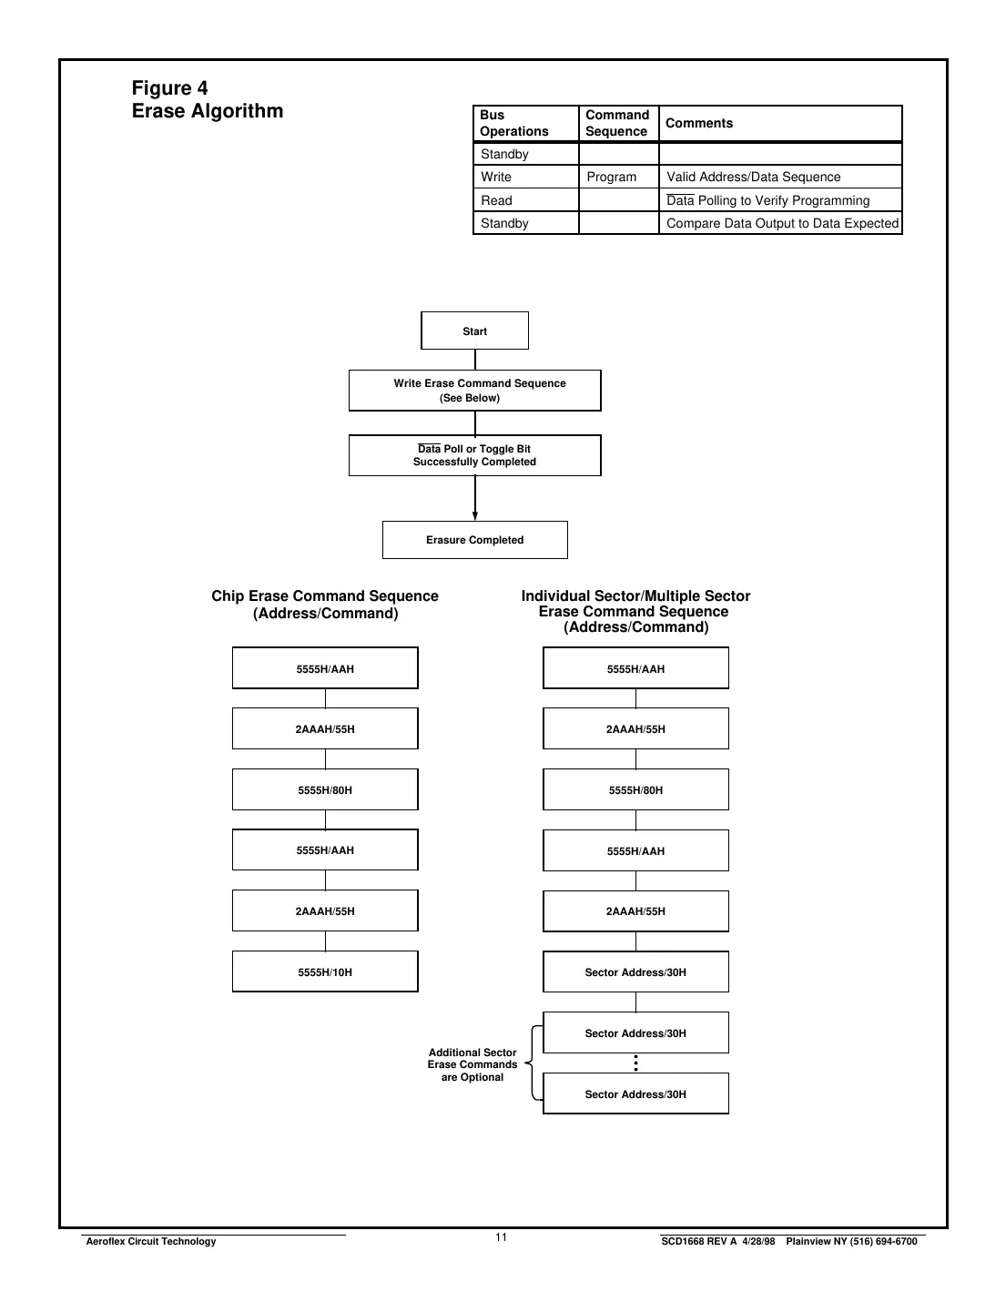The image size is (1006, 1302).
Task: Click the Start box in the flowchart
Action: [x=474, y=331]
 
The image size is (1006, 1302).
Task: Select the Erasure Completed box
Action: [x=474, y=540]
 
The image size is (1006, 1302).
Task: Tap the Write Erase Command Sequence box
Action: [x=474, y=391]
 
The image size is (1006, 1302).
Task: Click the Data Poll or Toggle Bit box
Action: [x=474, y=455]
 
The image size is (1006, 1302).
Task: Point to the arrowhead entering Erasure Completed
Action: [x=474, y=515]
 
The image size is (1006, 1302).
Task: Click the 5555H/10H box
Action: [x=325, y=971]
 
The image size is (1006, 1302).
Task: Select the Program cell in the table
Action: [x=612, y=177]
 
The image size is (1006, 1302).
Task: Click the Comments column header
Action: [x=699, y=123]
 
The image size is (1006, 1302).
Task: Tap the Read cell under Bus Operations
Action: [x=497, y=200]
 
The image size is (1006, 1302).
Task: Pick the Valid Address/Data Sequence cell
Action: [x=754, y=177]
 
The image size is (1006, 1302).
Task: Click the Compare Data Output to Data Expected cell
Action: [x=782, y=223]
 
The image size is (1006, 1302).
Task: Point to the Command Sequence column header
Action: [x=617, y=123]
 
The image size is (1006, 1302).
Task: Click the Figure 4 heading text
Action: [x=170, y=88]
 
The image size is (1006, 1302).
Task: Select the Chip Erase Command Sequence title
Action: [x=325, y=604]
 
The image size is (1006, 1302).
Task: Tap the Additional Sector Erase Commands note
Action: [x=473, y=1064]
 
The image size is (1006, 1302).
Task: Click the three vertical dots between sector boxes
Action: [x=635, y=1063]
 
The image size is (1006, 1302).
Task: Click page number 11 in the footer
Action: [x=502, y=1237]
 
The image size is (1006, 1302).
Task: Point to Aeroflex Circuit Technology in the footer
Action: [x=151, y=1241]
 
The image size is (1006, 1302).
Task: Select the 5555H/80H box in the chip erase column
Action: [x=325, y=789]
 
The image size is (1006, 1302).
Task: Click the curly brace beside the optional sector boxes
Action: [x=533, y=1063]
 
